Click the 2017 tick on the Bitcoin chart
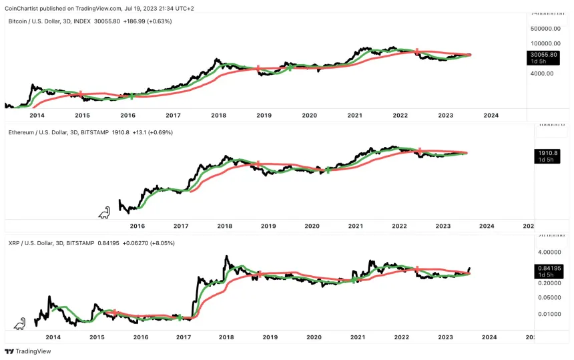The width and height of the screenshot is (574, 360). click(174, 116)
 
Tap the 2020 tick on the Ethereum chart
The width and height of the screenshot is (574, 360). click(312, 226)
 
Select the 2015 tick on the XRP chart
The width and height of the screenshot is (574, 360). click(97, 337)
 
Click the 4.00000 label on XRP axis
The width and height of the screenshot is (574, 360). click(547, 252)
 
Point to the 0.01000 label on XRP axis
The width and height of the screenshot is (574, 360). click(547, 314)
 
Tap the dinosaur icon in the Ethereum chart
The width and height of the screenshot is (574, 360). click(104, 213)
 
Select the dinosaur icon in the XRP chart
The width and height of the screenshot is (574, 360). click(21, 324)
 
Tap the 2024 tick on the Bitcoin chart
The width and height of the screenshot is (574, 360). click(491, 116)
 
